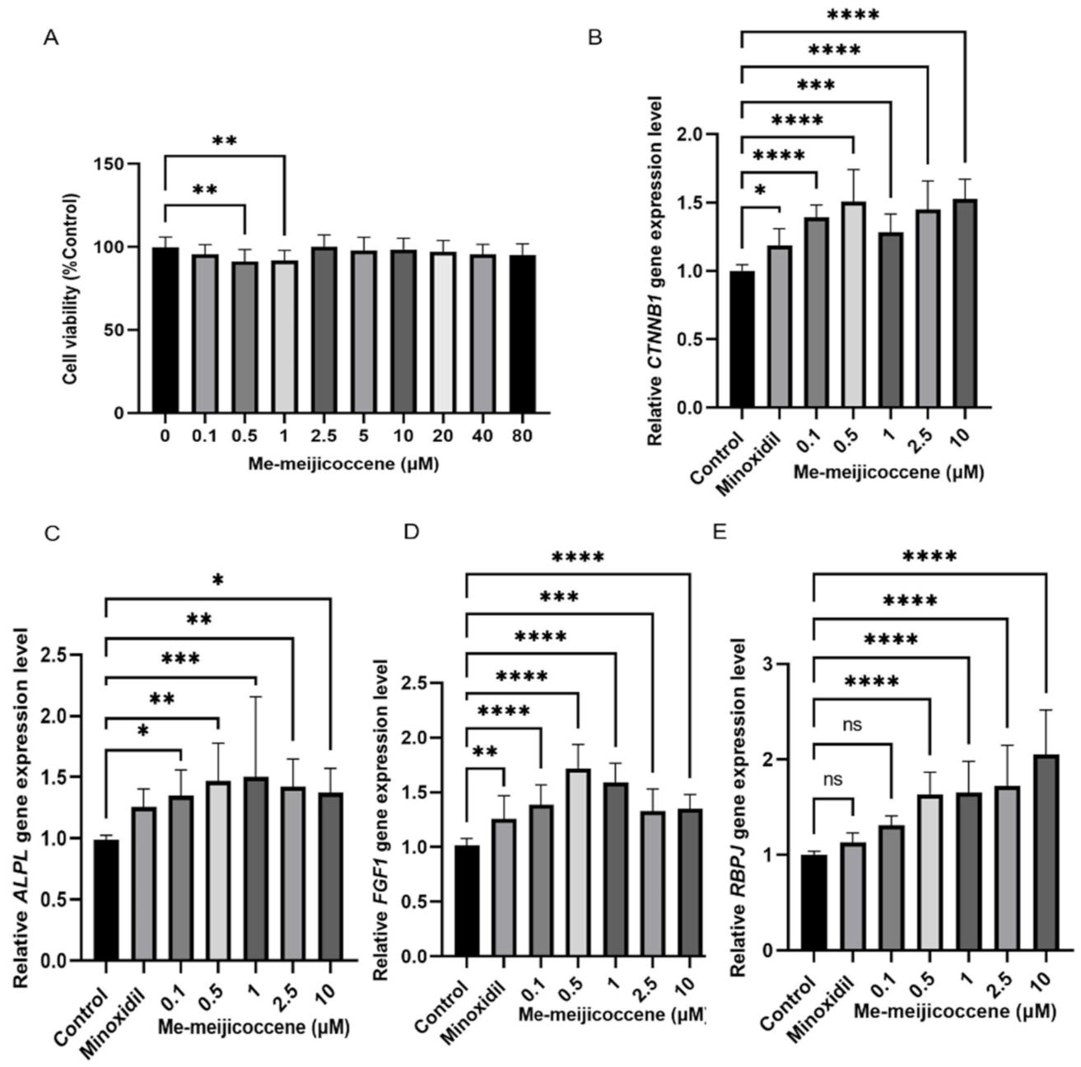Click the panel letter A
(51, 38)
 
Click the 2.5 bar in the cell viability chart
(324, 329)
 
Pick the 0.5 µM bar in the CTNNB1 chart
(853, 305)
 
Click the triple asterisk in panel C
(180, 659)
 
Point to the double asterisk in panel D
(484, 751)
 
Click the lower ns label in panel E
(832, 780)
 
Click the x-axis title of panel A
(343, 464)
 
